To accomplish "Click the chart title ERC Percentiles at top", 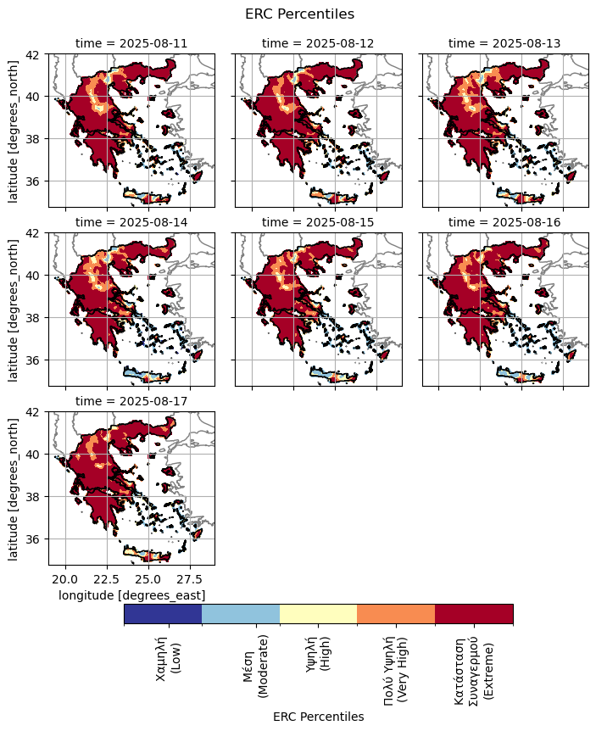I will point(298,14).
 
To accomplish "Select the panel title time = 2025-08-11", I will point(131,43).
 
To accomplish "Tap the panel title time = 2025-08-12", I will point(318,43).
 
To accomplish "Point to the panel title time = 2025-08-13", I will point(504,43).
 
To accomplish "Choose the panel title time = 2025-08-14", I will point(131,221).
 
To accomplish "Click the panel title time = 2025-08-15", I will point(318,221).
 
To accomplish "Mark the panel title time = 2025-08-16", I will point(504,221).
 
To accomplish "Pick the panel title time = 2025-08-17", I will point(131,400).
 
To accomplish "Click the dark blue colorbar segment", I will point(163,614).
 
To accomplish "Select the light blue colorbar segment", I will point(241,614).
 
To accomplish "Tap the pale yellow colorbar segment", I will point(318,614).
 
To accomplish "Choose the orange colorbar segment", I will point(396,614).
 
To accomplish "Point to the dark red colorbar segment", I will point(474,614).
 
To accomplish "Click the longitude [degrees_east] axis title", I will point(131,595).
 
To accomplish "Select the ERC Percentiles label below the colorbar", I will point(318,717).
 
